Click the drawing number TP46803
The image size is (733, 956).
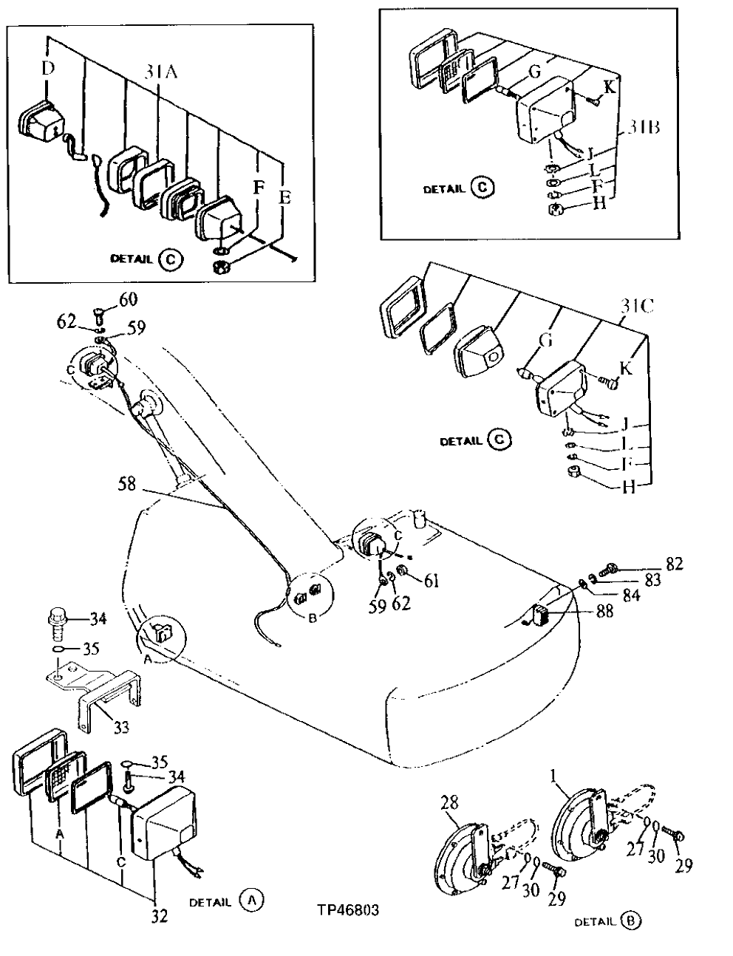(x=347, y=910)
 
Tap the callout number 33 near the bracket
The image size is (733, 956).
(x=121, y=727)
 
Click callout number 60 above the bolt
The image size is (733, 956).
(x=129, y=298)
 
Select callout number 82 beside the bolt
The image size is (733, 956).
(x=674, y=565)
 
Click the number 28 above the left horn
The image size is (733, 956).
(x=450, y=802)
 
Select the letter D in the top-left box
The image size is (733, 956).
(x=47, y=69)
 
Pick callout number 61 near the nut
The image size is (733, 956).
(x=432, y=581)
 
